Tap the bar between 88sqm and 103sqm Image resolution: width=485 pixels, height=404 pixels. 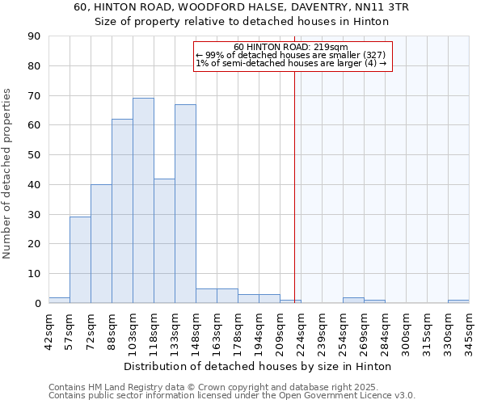[x=122, y=211]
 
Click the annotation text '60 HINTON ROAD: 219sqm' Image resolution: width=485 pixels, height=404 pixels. [x=290, y=47]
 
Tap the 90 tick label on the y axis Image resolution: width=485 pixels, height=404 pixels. [x=34, y=36]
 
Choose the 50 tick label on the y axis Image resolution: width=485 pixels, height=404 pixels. [x=34, y=155]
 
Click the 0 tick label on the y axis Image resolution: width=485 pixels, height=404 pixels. [x=37, y=303]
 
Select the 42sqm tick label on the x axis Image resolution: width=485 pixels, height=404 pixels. [x=48, y=330]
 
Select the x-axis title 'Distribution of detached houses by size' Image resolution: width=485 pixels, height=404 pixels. [x=259, y=366]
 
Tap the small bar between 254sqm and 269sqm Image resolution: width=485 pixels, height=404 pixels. [x=353, y=301]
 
